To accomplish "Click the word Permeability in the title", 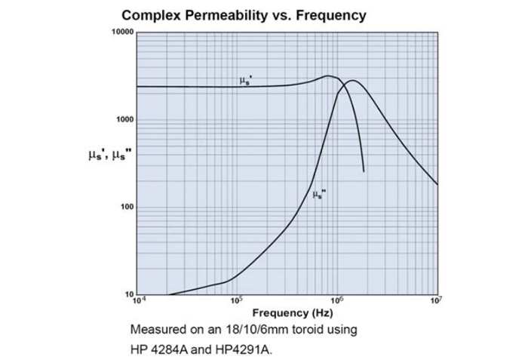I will [x=220, y=15].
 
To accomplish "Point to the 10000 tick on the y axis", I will [x=122, y=32].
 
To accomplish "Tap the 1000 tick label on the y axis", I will [x=124, y=120].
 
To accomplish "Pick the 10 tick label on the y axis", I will [x=128, y=294].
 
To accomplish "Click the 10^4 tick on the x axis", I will [x=137, y=300].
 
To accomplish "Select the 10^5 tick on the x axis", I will [x=236, y=300].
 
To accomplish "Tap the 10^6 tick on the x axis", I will [x=336, y=300].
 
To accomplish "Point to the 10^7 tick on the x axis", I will [x=435, y=300].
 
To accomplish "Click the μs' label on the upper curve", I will [x=245, y=81].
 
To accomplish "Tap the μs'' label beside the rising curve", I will [x=319, y=195].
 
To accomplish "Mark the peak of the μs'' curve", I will [x=351, y=80].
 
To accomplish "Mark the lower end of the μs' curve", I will [x=364, y=171].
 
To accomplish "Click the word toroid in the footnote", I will [x=308, y=330].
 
